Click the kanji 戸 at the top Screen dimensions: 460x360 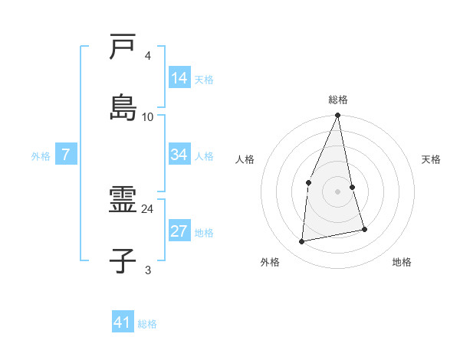point(123,47)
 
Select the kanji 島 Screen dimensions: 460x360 point(123,107)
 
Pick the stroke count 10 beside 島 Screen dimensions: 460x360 point(148,116)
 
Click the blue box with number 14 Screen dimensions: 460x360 point(179,78)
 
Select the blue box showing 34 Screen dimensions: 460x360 point(179,155)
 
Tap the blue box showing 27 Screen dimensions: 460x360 point(179,231)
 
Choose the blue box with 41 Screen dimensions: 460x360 point(123,322)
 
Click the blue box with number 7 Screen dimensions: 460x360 point(66,155)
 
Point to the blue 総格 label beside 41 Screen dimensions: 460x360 point(147,324)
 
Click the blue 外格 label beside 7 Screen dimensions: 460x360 point(41,156)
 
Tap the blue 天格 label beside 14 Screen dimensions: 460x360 point(204,80)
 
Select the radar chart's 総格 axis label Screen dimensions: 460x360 point(338,100)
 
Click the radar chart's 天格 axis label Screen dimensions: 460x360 point(432,159)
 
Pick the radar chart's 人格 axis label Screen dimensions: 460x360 point(245,159)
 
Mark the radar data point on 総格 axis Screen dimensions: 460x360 point(337,116)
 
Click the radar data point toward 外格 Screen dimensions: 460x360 point(302,242)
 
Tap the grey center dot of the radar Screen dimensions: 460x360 point(337,191)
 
